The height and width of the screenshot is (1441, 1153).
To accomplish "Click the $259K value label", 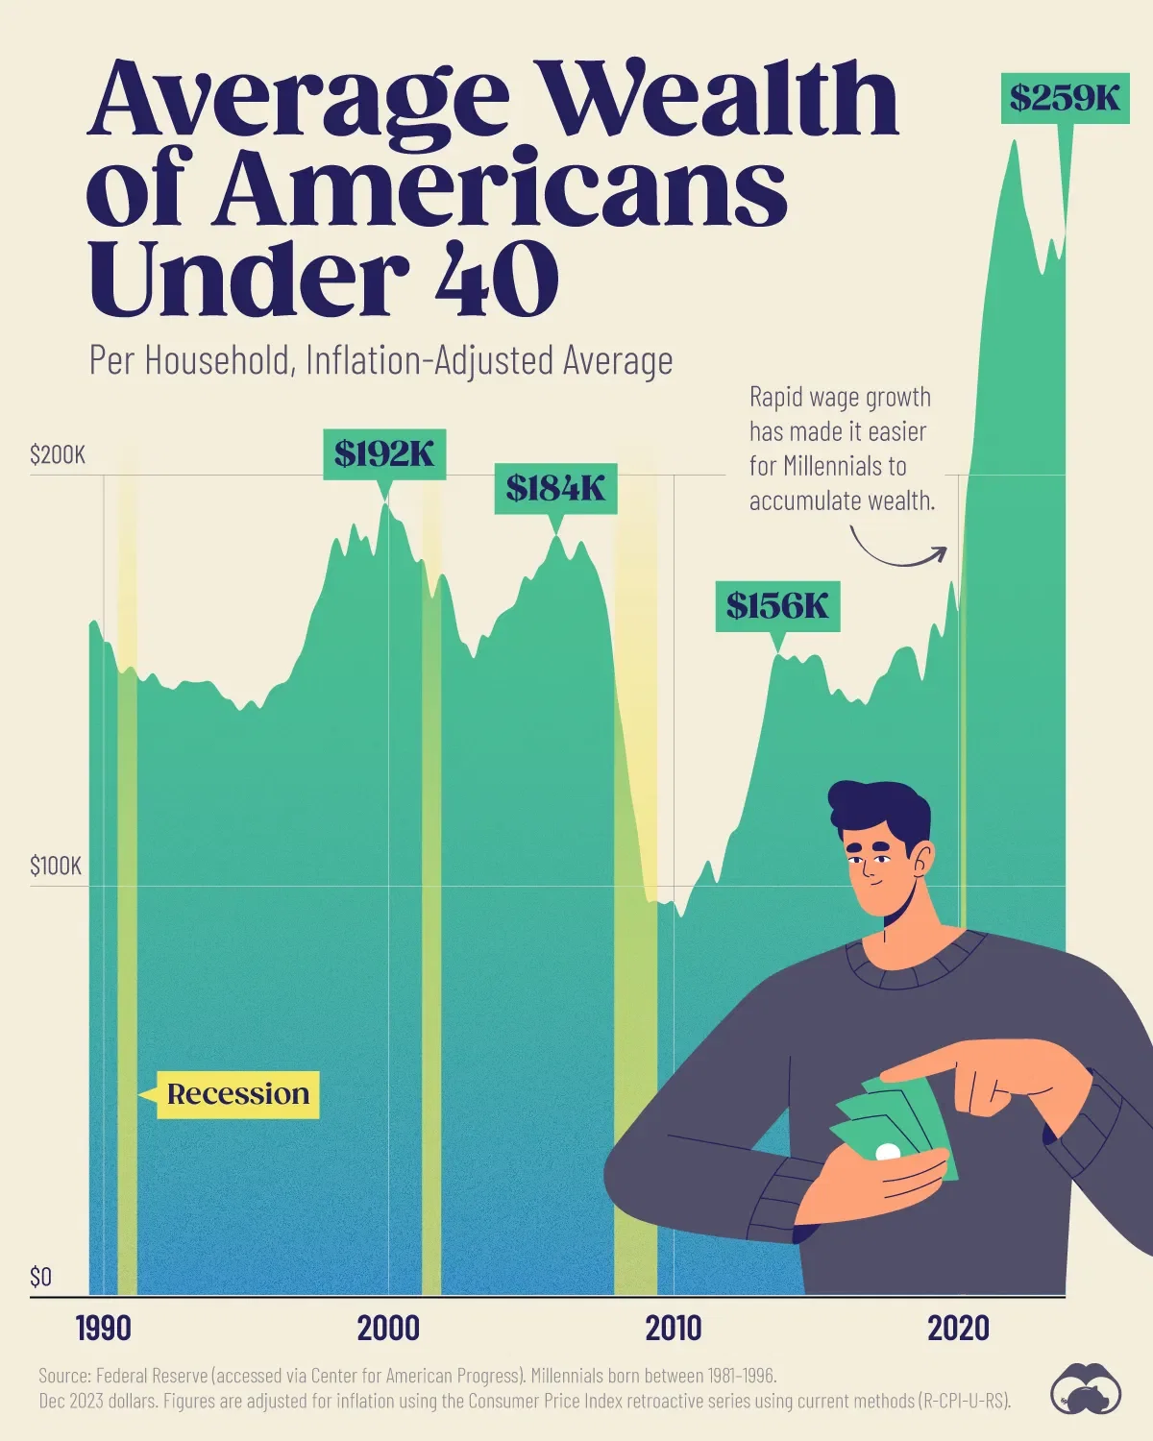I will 1065,97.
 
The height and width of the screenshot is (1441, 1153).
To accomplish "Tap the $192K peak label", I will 384,453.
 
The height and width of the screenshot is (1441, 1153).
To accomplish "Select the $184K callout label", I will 555,489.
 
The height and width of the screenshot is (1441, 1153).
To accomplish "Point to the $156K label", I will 777,606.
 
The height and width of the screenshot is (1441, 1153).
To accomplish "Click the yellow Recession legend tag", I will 237,1094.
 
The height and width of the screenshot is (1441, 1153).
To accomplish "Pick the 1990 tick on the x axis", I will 103,1329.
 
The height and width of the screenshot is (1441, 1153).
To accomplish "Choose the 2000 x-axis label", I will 388,1329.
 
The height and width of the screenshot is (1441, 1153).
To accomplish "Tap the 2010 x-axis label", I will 673,1329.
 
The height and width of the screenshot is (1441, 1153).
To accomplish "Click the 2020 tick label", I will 958,1329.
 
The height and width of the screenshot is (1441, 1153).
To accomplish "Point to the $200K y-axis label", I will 58,454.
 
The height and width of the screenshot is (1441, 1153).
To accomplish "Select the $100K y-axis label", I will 56,867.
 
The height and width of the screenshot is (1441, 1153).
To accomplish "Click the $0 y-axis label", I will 40,1277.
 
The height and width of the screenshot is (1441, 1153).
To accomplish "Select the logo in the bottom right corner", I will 1086,1388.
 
